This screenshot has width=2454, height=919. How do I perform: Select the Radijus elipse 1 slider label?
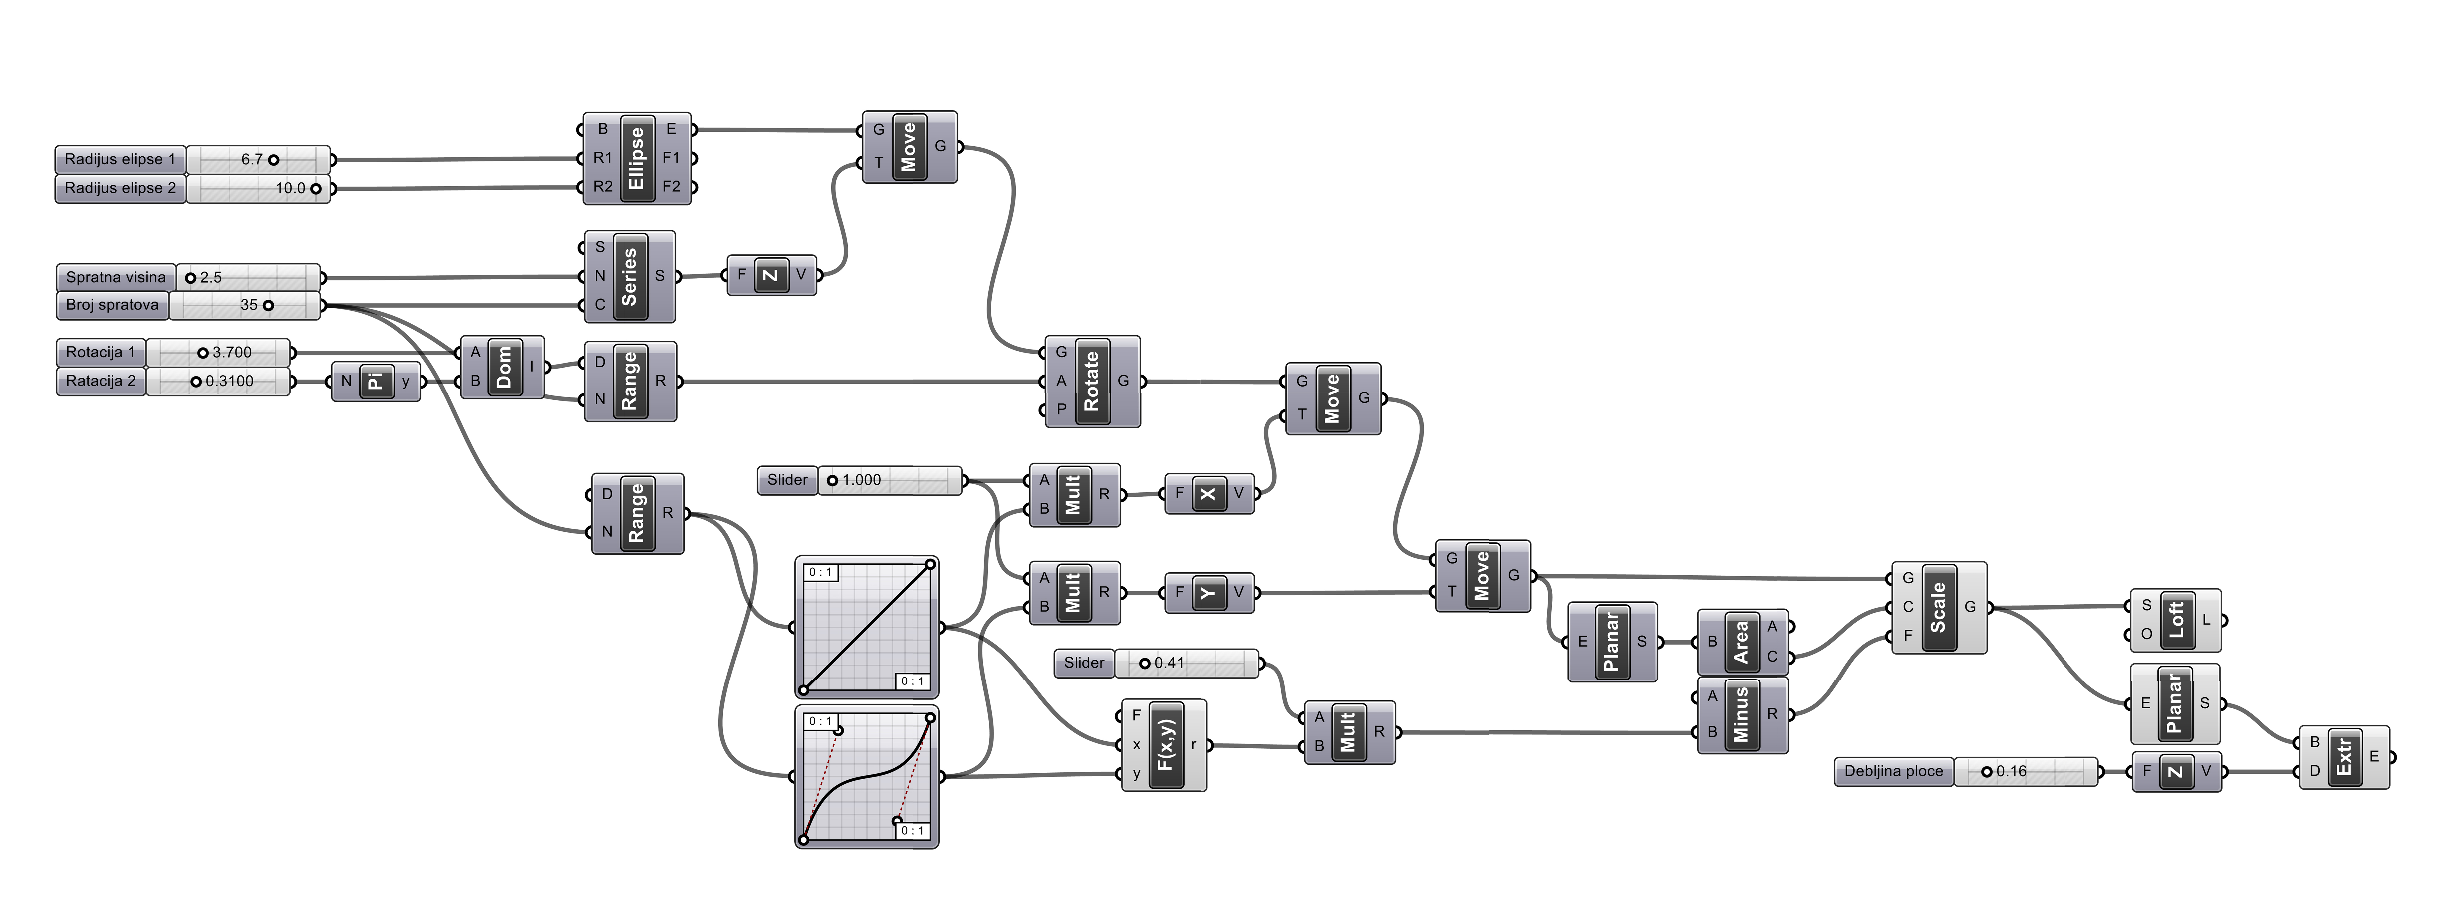tap(120, 159)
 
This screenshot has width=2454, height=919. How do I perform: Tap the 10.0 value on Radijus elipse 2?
tap(291, 188)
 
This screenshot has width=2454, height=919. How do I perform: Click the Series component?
tap(629, 276)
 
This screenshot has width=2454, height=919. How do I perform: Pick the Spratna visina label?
tap(115, 277)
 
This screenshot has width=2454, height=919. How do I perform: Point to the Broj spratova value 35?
tap(249, 306)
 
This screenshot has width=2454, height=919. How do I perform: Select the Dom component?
tap(503, 367)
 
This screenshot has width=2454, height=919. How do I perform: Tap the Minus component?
tap(1742, 714)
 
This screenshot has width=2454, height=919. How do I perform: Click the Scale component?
tap(1939, 608)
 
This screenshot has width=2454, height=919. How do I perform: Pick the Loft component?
tap(2176, 620)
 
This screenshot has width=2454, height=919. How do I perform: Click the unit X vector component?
tap(1209, 493)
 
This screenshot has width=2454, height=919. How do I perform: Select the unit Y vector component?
tap(1209, 592)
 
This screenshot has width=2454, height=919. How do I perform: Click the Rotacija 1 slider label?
tap(100, 352)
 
